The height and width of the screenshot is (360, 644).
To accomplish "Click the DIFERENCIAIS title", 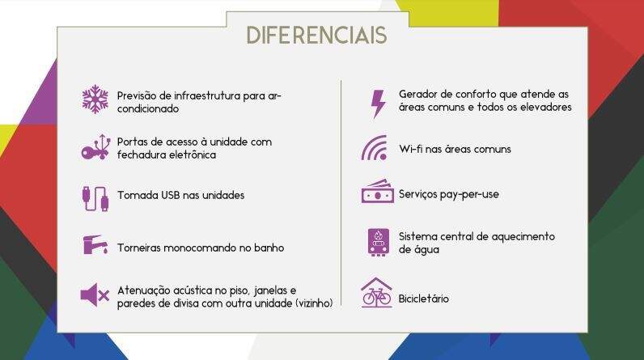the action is pyautogui.click(x=316, y=36).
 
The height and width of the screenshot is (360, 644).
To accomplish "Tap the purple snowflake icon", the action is pyautogui.click(x=95, y=100).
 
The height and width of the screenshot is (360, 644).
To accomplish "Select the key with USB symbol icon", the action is pyautogui.click(x=95, y=147).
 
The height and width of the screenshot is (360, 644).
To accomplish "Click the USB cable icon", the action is pyautogui.click(x=95, y=198).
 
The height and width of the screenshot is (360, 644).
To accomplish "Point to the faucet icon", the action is pyautogui.click(x=95, y=244).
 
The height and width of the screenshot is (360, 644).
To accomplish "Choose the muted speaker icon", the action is pyautogui.click(x=95, y=294).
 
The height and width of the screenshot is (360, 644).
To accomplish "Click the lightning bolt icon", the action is pyautogui.click(x=379, y=104).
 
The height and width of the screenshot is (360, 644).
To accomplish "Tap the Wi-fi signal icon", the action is pyautogui.click(x=375, y=148).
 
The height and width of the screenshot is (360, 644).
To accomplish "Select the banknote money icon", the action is pyautogui.click(x=378, y=191).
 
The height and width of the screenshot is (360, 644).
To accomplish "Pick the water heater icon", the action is pyautogui.click(x=379, y=242).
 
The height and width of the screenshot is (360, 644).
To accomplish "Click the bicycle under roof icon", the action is pyautogui.click(x=376, y=293).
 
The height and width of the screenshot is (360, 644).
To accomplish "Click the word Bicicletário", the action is pyautogui.click(x=423, y=299).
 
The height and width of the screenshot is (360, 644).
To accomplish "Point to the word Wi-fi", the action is pyautogui.click(x=410, y=149).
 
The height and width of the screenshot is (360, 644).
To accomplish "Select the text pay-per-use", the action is pyautogui.click(x=469, y=195).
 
